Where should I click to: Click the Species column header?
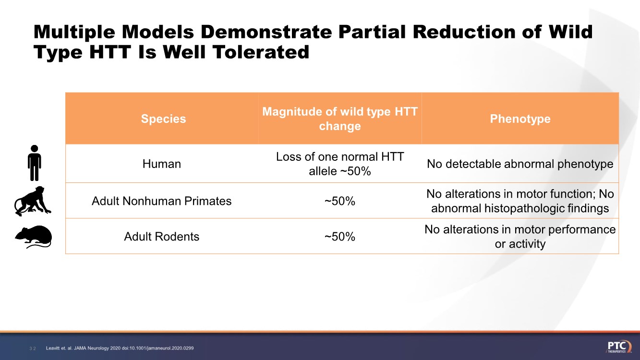[x=163, y=119]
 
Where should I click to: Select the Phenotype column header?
[x=520, y=119]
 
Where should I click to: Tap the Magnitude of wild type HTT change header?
[x=339, y=119]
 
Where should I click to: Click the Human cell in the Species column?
[x=162, y=164]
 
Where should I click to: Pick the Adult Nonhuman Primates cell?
[x=162, y=201]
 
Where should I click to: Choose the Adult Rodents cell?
[x=162, y=236]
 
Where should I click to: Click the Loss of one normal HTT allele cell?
[x=339, y=164]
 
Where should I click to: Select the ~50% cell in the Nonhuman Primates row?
[x=339, y=201]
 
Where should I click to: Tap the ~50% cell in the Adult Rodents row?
[x=339, y=236]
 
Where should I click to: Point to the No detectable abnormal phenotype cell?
[x=520, y=164]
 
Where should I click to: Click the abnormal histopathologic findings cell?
[x=520, y=201]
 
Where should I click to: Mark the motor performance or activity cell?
[x=520, y=236]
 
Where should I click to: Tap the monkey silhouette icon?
[x=33, y=201]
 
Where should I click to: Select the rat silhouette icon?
[x=33, y=237]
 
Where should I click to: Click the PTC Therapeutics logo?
[x=619, y=347]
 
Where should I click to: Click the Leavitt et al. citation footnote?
[x=120, y=348]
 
